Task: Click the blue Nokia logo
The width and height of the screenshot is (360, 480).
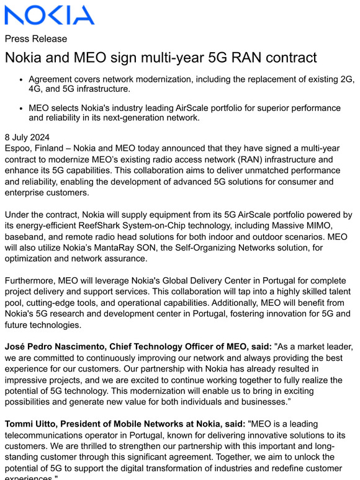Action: (x=50, y=15)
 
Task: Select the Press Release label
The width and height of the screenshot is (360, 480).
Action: (x=36, y=38)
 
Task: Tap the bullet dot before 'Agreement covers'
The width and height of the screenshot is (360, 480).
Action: (x=22, y=80)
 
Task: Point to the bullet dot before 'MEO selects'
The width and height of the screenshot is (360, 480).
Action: (x=22, y=108)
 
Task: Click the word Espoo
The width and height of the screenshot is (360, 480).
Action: (x=19, y=148)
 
